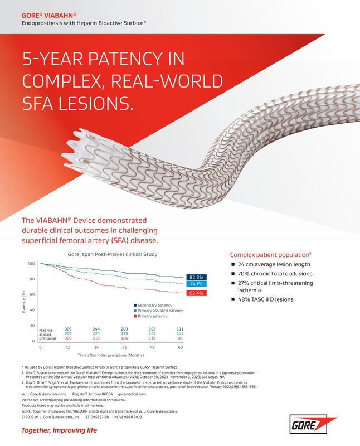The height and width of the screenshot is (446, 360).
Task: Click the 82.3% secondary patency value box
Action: pos(197,277)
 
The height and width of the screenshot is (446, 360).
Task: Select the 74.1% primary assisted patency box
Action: pos(197,284)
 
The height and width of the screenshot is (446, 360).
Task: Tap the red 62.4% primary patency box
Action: pos(197,292)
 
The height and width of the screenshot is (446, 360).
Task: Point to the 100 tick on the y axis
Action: pos(31,264)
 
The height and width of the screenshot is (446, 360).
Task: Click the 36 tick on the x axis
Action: pos(124,347)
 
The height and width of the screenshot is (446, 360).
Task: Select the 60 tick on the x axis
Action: pos(180,347)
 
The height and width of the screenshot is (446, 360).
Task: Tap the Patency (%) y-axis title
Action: pos(23,302)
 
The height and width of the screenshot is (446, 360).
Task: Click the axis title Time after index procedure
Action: pos(110,355)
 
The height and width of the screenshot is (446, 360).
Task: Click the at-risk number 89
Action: pos(180,338)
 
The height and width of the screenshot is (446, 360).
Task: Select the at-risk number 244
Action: pos(96,329)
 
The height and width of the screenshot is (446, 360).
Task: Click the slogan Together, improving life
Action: pos(59,430)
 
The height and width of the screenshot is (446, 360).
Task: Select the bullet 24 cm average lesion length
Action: pos(274,264)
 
